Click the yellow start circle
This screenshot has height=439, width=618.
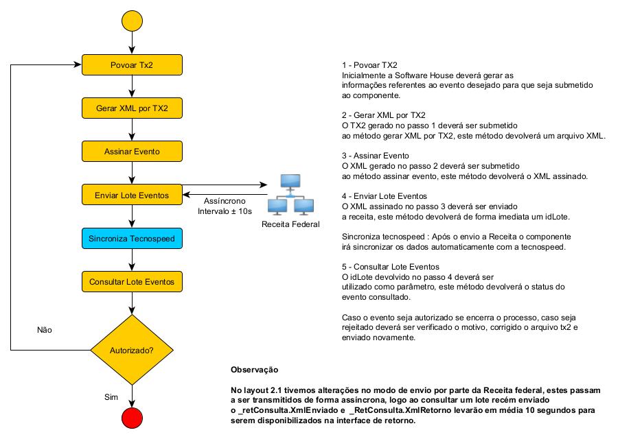[132, 21]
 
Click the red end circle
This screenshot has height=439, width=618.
[132, 418]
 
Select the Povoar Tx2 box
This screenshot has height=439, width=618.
[132, 65]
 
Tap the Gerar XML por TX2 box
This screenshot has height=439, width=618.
[132, 108]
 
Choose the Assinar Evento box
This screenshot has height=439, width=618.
[132, 152]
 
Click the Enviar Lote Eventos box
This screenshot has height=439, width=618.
[132, 195]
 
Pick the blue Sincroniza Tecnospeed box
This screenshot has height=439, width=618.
[132, 238]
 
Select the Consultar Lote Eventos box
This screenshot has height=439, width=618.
[132, 281]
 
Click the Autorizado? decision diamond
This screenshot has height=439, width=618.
[132, 350]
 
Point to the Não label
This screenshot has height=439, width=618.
[45, 330]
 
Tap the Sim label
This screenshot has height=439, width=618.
[111, 397]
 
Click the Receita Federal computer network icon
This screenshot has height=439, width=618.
[290, 195]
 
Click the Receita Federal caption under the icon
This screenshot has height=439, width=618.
[290, 224]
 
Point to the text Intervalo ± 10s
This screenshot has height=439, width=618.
[225, 211]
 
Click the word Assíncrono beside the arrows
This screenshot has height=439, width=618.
[225, 201]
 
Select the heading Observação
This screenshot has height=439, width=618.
[255, 370]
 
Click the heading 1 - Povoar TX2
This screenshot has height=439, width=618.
[369, 65]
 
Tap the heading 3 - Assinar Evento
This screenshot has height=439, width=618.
[376, 156]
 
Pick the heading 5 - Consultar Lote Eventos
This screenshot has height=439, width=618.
[391, 267]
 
